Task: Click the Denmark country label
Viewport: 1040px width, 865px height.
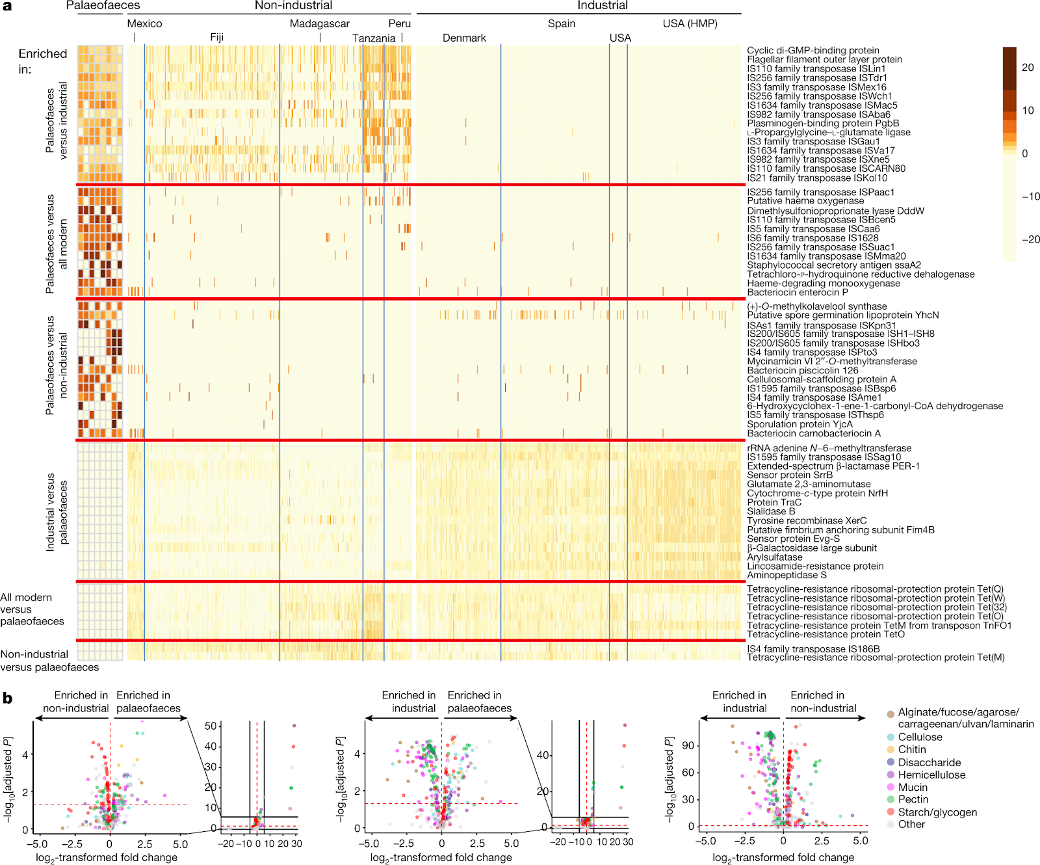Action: pos(464,38)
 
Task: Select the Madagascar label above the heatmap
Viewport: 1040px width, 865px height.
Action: pos(319,23)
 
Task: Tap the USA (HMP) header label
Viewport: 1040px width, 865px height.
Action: pos(690,23)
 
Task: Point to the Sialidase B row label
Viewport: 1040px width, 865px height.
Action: pos(771,511)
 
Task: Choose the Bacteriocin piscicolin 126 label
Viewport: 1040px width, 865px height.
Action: pos(803,370)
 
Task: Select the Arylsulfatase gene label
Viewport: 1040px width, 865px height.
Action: pos(775,557)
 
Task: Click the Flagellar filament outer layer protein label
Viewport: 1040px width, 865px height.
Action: pos(824,59)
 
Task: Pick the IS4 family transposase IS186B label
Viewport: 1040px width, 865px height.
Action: pos(813,648)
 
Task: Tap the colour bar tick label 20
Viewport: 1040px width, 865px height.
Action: pos(1028,67)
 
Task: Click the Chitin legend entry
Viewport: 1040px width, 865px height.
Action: pos(912,749)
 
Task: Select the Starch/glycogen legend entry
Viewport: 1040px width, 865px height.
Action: pos(937,812)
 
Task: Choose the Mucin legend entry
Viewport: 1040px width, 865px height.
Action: pos(913,787)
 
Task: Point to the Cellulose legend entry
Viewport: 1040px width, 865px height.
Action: pos(920,737)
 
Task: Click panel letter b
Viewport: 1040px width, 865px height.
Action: pos(7,699)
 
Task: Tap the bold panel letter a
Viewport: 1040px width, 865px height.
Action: pos(7,6)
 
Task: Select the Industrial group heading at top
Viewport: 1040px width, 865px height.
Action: pos(602,6)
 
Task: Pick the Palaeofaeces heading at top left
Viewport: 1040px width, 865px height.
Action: pos(103,6)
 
